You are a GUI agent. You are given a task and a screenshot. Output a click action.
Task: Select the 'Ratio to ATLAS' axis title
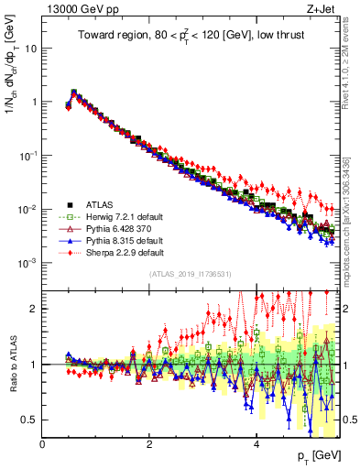12,365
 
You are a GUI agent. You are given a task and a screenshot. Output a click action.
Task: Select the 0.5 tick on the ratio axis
29,420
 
